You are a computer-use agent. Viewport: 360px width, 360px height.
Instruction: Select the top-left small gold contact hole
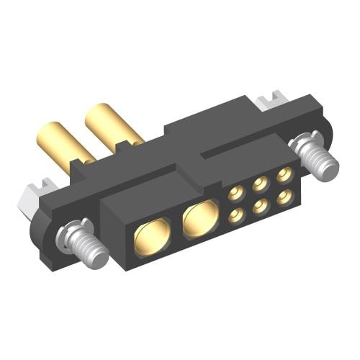235,193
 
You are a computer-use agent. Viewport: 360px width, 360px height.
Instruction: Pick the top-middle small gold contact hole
261,183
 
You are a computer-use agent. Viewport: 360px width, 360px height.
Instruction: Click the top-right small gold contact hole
285,174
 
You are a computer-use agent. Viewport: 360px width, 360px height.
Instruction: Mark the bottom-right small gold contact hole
287,195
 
